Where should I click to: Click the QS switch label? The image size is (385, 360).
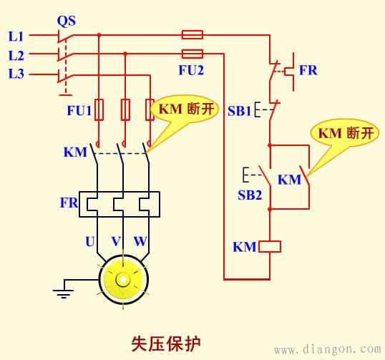(66, 19)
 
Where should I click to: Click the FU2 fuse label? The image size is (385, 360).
(191, 70)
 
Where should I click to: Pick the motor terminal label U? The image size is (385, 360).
(89, 242)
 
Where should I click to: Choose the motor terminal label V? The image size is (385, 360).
(116, 242)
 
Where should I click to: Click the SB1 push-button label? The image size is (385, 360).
(240, 112)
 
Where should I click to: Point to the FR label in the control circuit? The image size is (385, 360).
(308, 71)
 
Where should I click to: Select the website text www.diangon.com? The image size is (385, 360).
(328, 350)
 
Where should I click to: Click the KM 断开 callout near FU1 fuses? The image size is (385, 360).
(183, 110)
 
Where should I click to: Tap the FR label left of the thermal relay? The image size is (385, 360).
(69, 203)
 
